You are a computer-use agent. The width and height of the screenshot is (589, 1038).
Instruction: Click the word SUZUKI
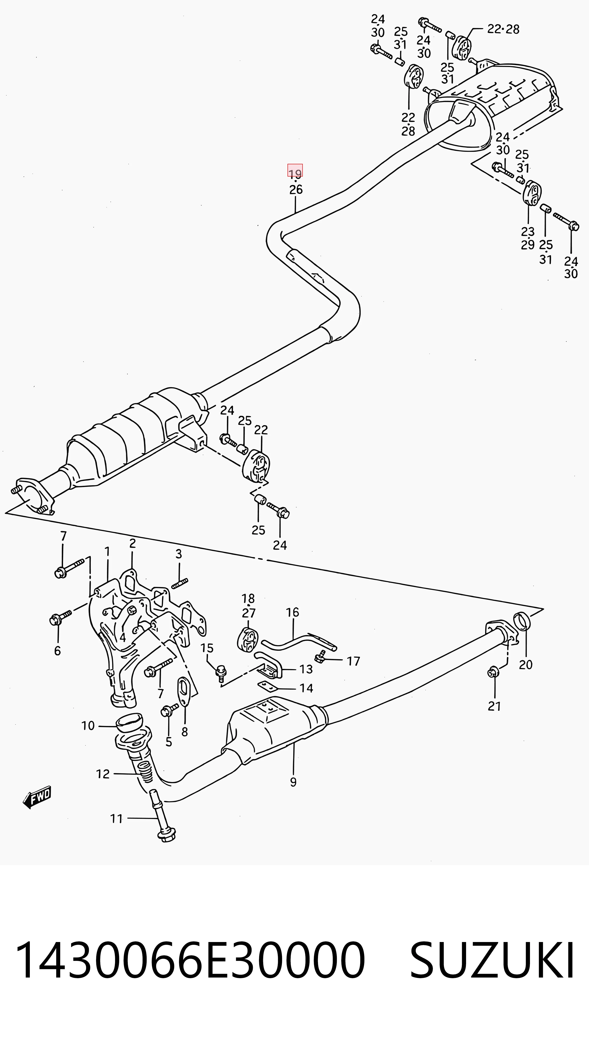[x=492, y=960]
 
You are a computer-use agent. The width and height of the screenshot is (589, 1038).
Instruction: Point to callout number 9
[x=293, y=782]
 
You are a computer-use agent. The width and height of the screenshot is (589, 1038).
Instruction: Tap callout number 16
[x=292, y=612]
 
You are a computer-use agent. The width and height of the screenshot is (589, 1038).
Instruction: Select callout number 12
[x=103, y=774]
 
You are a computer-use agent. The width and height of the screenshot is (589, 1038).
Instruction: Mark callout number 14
[x=306, y=688]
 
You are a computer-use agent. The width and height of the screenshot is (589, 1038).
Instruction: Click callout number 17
[x=353, y=661]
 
